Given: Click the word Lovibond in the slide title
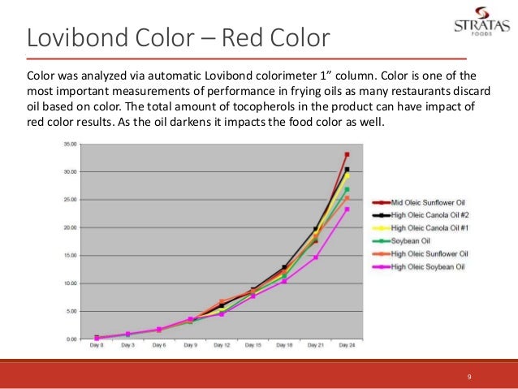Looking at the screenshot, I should pos(73,38).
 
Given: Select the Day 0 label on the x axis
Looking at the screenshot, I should pos(96,345).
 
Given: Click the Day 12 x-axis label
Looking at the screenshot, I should pos(222,345).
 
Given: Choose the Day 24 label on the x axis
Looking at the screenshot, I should pos(347,345).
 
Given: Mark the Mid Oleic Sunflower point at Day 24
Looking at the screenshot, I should pos(347,154).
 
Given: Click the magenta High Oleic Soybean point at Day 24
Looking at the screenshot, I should pos(347,210).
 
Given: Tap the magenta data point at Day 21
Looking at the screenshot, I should pos(316,257).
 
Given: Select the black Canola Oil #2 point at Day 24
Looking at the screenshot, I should pos(347,170).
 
